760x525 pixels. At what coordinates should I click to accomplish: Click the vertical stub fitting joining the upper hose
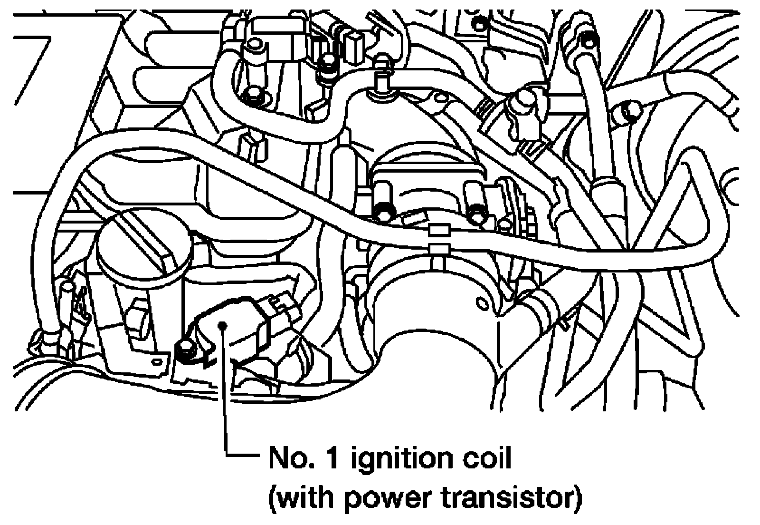380,75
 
